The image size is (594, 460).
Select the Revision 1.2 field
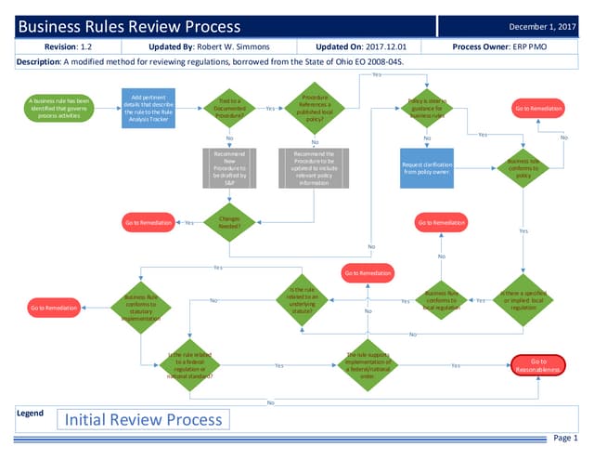(x=68, y=46)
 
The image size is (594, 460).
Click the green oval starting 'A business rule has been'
(x=59, y=107)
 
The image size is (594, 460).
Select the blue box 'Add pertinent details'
(x=148, y=107)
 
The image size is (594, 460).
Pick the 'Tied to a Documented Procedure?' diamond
(x=229, y=108)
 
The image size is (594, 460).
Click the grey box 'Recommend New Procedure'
(x=229, y=168)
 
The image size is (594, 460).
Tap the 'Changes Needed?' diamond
(x=229, y=221)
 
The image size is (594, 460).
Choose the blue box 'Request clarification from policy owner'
(x=427, y=168)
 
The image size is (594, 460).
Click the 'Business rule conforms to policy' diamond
(x=523, y=168)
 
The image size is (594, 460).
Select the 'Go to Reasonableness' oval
(x=538, y=365)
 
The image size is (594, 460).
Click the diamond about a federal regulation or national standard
(x=189, y=365)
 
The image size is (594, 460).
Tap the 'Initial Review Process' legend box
(x=143, y=420)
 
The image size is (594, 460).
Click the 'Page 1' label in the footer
(x=564, y=438)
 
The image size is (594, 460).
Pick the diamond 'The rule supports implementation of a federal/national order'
(x=368, y=365)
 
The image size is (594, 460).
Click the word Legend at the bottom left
(x=31, y=413)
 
